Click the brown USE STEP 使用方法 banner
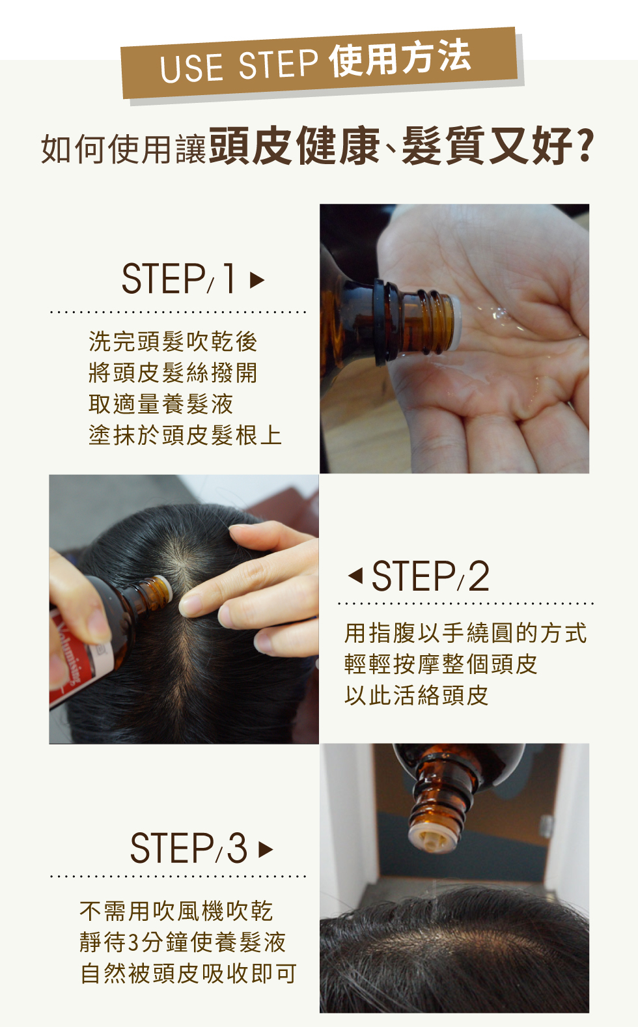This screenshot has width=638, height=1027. point(319,63)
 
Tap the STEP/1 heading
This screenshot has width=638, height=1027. point(179,279)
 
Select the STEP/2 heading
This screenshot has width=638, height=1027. point(430,576)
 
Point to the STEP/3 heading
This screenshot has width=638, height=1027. point(189,848)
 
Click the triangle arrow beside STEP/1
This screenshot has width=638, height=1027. point(257,279)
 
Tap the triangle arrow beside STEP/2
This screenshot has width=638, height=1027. point(355,576)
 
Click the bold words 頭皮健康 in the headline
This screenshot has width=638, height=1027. point(294,146)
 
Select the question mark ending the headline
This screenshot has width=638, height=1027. point(585,146)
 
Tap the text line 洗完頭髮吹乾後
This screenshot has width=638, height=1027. point(173,341)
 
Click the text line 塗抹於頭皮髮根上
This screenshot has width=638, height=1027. point(185,435)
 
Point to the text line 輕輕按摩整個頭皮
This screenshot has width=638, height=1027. point(441,664)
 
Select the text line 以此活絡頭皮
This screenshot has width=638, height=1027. point(416,695)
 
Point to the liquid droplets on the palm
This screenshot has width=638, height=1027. point(499,317)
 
